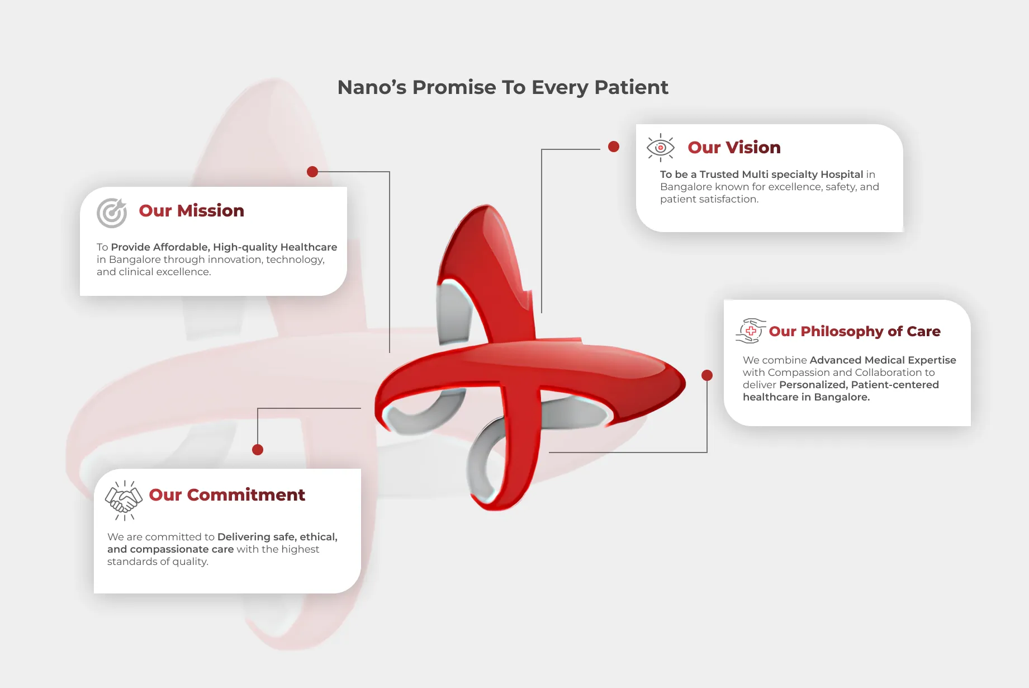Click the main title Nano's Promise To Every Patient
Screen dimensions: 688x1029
coord(502,87)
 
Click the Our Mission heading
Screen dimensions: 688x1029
coord(191,211)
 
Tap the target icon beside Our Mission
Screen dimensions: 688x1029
coord(112,213)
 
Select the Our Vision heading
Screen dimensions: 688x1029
coord(734,148)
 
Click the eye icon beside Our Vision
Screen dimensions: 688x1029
coord(660,148)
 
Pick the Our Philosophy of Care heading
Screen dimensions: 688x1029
coord(854,332)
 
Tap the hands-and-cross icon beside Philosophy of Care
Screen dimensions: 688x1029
coord(750,331)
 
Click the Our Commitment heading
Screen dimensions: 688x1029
coord(227,495)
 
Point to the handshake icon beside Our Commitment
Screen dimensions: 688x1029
coord(124,499)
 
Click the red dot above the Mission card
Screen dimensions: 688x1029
coord(312,172)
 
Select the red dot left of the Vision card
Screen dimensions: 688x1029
coord(614,147)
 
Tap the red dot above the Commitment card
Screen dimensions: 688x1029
coord(258,450)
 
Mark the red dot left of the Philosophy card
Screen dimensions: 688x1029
coord(707,375)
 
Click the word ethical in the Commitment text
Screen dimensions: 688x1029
coord(318,537)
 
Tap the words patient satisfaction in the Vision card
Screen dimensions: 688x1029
coord(709,199)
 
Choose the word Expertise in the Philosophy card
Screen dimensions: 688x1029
coord(932,360)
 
